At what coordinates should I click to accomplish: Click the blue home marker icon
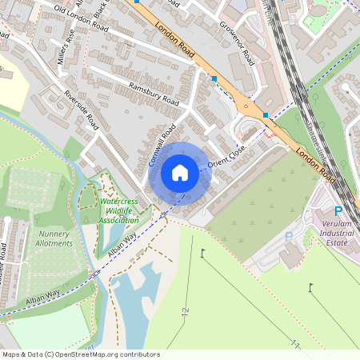[x=180, y=172]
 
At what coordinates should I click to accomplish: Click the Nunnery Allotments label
[x=55, y=238]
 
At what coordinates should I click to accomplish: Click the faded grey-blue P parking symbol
[x=289, y=237]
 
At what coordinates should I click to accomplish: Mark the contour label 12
[x=186, y=310]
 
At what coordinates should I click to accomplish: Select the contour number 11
[x=295, y=344]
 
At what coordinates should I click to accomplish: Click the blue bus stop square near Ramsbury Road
[x=214, y=78]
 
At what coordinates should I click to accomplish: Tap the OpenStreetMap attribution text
[x=81, y=354]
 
